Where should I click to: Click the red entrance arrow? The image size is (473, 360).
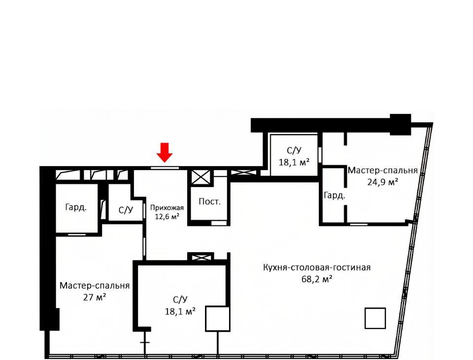pos(165,152)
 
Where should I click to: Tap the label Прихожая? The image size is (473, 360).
pos(167,208)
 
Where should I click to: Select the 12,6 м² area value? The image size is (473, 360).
pos(167,216)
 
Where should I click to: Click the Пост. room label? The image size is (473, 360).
pos(210,202)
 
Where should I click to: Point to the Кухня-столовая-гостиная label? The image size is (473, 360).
pos(317,268)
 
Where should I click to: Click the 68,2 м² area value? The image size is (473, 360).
pos(317,279)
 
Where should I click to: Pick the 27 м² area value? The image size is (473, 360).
pos(95,297)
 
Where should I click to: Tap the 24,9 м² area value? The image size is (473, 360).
pos(382,182)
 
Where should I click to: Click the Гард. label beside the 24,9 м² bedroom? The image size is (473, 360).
pos(334,196)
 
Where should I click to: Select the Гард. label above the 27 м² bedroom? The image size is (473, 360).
pos(76,208)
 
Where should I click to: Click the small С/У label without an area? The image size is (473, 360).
pos(126,210)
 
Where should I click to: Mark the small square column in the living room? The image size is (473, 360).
pos(375,318)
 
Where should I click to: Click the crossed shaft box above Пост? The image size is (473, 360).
pos(201,177)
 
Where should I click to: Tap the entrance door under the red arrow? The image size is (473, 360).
pos(165,168)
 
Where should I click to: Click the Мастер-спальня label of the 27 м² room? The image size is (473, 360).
pos(95,286)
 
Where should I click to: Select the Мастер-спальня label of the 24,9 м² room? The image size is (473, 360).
pos(382,170)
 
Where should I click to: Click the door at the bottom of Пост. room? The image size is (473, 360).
pos(219,223)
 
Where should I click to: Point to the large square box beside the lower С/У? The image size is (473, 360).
pos(218,319)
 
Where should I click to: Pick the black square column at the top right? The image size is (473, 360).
pos(400,124)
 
